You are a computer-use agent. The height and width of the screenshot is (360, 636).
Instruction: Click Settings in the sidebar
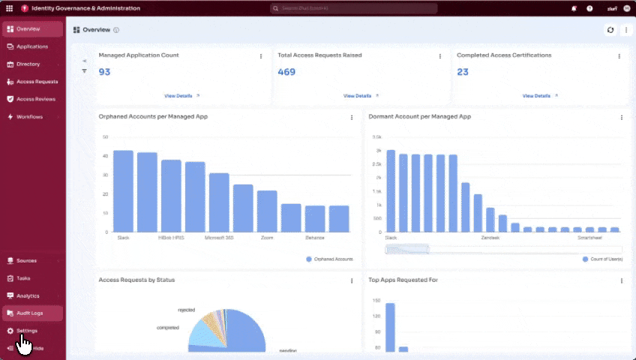coord(27,330)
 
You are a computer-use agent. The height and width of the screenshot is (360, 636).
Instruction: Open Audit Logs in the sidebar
coord(29,313)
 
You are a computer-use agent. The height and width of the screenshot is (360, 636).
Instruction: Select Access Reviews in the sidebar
coord(35,99)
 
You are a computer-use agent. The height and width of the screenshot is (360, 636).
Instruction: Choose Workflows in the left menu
coord(29,117)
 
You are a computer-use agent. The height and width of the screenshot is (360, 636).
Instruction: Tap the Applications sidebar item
coord(31,46)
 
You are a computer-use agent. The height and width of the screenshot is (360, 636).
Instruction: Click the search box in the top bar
coord(353,8)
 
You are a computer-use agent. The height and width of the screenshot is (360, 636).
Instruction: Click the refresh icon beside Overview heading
coord(610,30)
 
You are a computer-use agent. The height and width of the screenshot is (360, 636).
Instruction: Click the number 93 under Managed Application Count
coord(104,72)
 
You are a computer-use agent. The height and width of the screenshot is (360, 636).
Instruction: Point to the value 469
coord(286,72)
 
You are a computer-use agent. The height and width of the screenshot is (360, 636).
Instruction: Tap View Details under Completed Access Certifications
coord(537,96)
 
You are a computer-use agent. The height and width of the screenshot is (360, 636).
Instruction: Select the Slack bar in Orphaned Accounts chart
coord(123,191)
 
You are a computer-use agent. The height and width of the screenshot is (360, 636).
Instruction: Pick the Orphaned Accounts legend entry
coord(329,259)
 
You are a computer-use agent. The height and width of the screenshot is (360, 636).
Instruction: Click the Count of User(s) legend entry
coord(604,259)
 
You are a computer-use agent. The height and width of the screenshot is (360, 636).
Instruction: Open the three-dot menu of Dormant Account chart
coord(621,118)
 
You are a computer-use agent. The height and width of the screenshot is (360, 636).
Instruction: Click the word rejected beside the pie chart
coord(186,310)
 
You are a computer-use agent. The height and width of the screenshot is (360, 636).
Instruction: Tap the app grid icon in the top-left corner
coord(9,8)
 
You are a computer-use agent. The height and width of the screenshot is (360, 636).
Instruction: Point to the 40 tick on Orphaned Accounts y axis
coord(106,156)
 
